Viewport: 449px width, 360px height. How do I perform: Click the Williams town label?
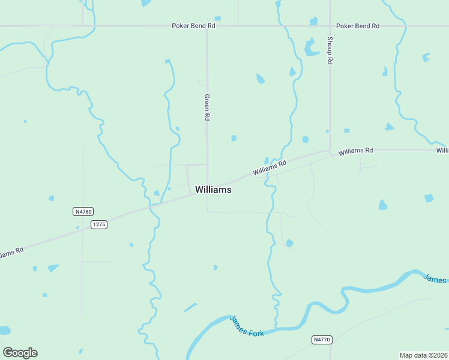tap(213, 190)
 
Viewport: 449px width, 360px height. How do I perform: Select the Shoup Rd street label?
tap(330, 50)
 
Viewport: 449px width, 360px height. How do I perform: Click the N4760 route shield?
tap(83, 211)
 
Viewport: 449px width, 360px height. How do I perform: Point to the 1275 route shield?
tap(99, 224)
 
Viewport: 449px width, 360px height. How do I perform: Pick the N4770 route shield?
tap(322, 340)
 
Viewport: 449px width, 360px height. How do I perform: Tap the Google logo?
tap(20, 353)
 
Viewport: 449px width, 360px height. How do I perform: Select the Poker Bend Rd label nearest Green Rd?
tap(193, 26)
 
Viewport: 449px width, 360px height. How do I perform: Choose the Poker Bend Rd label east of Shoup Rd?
tap(358, 26)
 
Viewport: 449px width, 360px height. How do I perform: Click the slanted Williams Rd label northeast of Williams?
tap(270, 167)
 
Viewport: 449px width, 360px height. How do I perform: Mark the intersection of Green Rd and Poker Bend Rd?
tap(207, 26)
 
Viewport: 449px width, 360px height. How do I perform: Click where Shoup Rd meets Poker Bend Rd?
tap(330, 26)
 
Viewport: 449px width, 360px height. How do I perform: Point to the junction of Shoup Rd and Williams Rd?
tap(330, 151)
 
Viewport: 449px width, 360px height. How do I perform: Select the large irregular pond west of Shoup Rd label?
tap(310, 47)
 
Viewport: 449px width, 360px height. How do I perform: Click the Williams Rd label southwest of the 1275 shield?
tap(11, 253)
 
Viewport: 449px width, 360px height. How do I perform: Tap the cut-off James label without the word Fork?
tap(435, 278)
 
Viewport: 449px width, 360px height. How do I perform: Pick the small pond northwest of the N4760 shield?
tap(51, 198)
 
